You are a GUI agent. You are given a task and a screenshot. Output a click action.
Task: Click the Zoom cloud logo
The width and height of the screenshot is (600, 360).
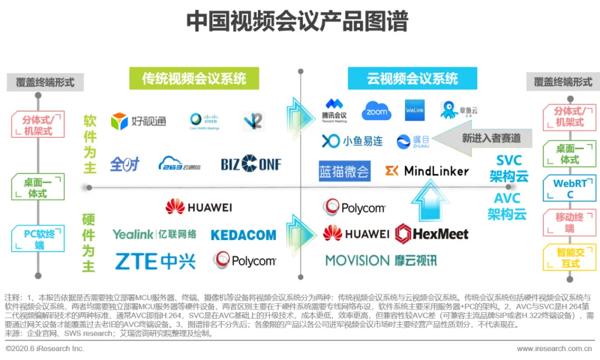[377, 111]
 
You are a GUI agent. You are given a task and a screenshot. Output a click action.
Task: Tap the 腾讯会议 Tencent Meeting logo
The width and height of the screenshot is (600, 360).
[334, 110]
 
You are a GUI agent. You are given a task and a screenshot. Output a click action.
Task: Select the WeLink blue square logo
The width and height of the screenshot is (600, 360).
[415, 110]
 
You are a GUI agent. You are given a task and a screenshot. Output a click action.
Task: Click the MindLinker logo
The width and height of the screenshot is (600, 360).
[427, 171]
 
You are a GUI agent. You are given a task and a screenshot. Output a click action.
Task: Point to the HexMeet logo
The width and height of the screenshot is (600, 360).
[432, 233]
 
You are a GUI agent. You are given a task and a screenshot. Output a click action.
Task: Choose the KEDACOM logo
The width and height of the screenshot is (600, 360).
[243, 235]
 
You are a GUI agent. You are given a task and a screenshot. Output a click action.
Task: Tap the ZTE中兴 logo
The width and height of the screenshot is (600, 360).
[156, 261]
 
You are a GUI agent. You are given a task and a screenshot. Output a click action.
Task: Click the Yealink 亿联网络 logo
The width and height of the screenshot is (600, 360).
[154, 234]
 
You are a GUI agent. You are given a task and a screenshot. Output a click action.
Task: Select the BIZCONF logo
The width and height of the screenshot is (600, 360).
[251, 164]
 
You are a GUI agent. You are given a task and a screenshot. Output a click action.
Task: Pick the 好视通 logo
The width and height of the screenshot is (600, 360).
[138, 121]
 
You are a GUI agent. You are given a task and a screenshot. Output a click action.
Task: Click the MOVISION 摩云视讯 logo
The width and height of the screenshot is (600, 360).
[381, 260]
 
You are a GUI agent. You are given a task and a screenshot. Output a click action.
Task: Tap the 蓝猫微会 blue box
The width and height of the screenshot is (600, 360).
[344, 171]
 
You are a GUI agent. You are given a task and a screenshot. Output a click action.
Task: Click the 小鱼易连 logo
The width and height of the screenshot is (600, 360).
[352, 141]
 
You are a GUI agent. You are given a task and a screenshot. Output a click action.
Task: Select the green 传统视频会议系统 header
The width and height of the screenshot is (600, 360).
[194, 78]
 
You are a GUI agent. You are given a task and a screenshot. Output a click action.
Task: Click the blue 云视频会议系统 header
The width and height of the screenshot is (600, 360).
[412, 78]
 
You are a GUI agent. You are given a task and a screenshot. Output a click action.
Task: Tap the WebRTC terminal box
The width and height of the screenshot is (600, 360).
[570, 188]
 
